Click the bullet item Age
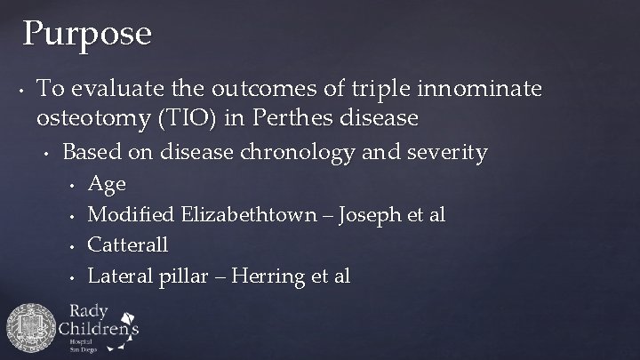coord(108,184)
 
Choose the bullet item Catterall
coord(129,245)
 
